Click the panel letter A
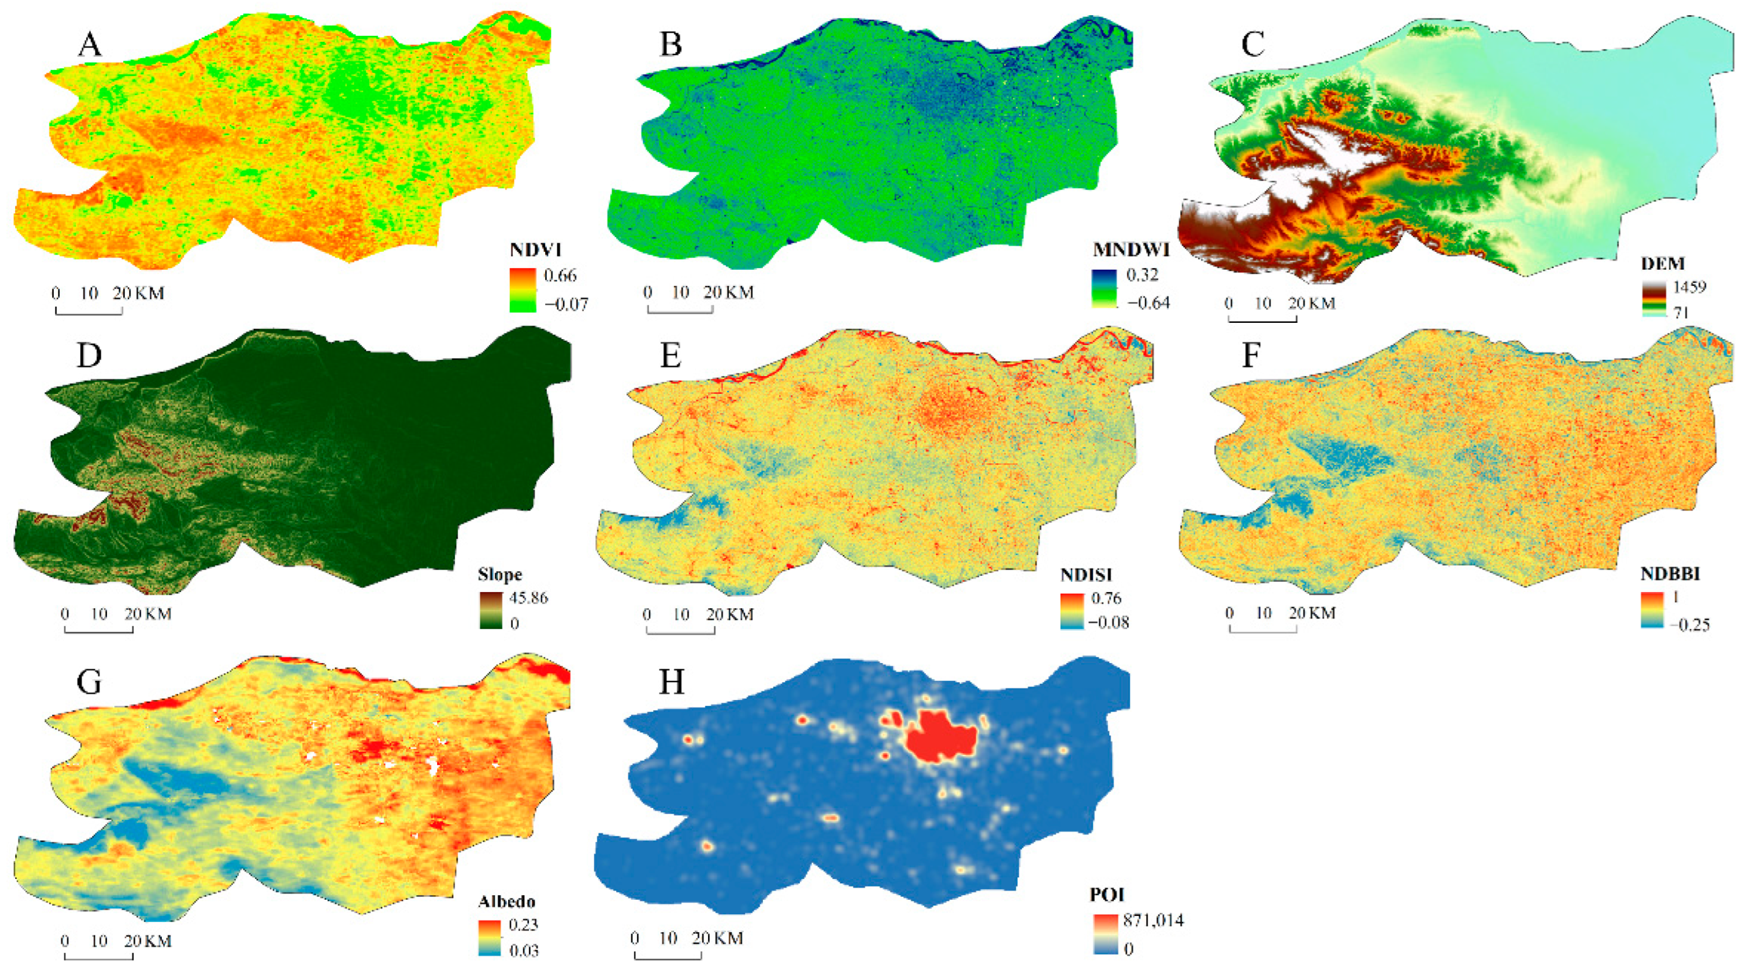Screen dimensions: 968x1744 (x=90, y=45)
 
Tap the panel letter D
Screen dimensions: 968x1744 (x=88, y=355)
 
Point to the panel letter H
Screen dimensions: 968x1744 (x=671, y=682)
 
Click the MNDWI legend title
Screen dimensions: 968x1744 (x=1131, y=250)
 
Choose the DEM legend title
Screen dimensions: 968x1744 (x=1663, y=264)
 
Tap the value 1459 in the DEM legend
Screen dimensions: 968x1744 (x=1689, y=286)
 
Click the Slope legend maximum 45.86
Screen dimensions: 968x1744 (x=528, y=598)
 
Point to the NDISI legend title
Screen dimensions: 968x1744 (x=1086, y=575)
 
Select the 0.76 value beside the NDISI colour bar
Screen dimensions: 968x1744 (x=1107, y=598)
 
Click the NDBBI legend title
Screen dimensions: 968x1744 (x=1670, y=574)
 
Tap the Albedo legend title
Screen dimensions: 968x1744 (x=507, y=901)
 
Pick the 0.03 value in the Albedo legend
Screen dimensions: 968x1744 (x=523, y=951)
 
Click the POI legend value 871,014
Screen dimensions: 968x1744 (x=1153, y=920)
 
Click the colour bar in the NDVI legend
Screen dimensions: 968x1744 (x=523, y=290)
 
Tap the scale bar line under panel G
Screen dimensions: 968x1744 (x=99, y=956)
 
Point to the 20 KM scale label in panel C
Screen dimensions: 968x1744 (x=1311, y=303)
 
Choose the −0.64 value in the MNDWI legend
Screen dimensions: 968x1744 (x=1148, y=302)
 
